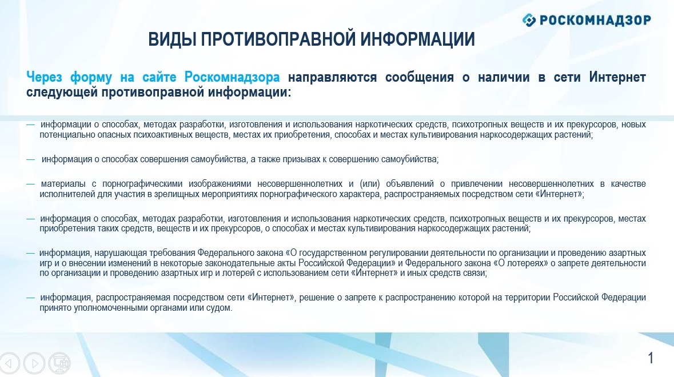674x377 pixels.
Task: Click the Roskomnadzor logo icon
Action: pyautogui.click(x=529, y=20)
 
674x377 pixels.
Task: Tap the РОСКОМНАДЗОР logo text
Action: pyautogui.click(x=595, y=20)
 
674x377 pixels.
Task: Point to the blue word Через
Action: pyautogui.click(x=44, y=77)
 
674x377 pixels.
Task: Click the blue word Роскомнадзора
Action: pyautogui.click(x=232, y=77)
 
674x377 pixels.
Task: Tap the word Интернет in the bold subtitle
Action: pyautogui.click(x=617, y=77)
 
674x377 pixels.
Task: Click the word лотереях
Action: pyautogui.click(x=528, y=263)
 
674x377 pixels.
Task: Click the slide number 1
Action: pyautogui.click(x=651, y=358)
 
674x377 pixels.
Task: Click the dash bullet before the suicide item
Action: pyautogui.click(x=30, y=159)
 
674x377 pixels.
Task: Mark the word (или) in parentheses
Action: pyautogui.click(x=370, y=184)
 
